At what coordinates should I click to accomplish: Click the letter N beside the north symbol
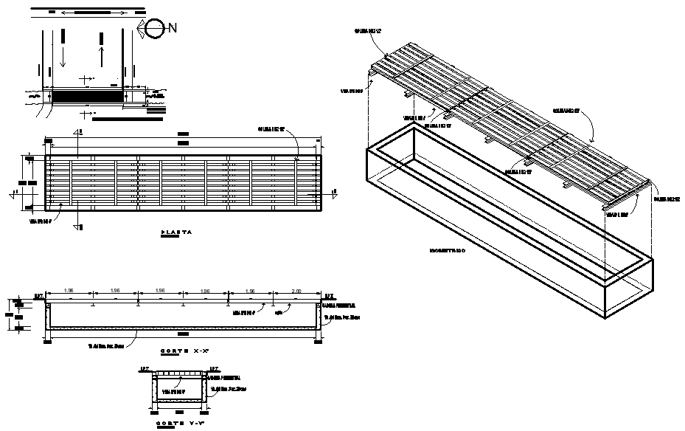[173, 28]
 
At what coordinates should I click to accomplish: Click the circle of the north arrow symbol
[155, 29]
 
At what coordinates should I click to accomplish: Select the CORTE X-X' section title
[181, 351]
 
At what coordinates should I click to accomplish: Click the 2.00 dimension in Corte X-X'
[297, 291]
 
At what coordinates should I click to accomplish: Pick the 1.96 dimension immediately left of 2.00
[251, 291]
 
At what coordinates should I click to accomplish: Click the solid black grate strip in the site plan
[86, 96]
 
